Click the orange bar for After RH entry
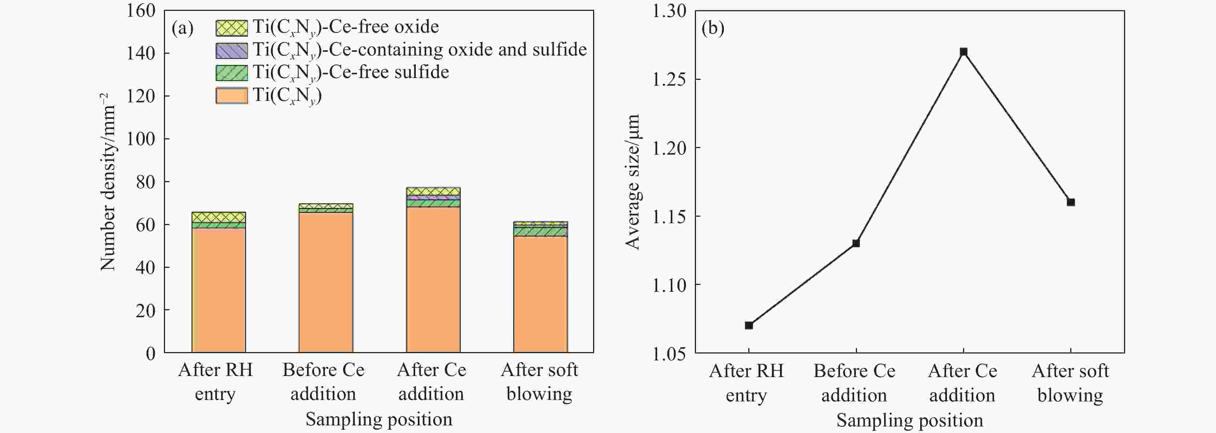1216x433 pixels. pyautogui.click(x=218, y=290)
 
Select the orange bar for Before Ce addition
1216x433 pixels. pyautogui.click(x=326, y=282)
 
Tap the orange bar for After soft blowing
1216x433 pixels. pyautogui.click(x=540, y=294)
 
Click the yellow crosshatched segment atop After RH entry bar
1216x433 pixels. pyautogui.click(x=218, y=217)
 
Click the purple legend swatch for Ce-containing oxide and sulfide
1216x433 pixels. pyautogui.click(x=231, y=50)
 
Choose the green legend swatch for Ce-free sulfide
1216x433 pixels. pyautogui.click(x=231, y=73)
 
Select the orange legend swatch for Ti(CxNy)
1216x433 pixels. pyautogui.click(x=231, y=96)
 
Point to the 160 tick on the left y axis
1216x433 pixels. pyautogui.click(x=141, y=11)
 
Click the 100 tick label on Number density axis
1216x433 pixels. pyautogui.click(x=141, y=139)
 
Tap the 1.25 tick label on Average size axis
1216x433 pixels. pyautogui.click(x=669, y=79)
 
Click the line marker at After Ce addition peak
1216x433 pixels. pyautogui.click(x=963, y=52)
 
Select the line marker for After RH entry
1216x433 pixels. pyautogui.click(x=749, y=326)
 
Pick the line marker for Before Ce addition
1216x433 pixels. pyautogui.click(x=856, y=244)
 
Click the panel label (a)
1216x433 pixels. pyautogui.click(x=183, y=28)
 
